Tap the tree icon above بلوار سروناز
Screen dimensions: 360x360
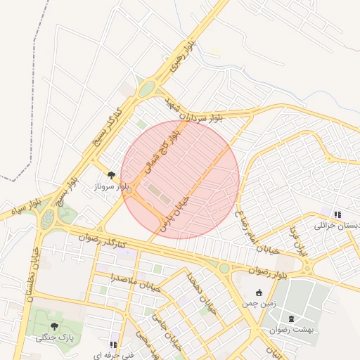coord(110,174)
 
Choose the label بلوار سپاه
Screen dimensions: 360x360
coord(17,209)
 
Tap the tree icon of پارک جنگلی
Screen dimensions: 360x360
coord(54,326)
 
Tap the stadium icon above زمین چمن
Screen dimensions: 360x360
coord(259,292)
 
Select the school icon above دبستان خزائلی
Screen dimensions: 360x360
coord(337,214)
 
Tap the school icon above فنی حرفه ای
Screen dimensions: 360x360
coord(111,345)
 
